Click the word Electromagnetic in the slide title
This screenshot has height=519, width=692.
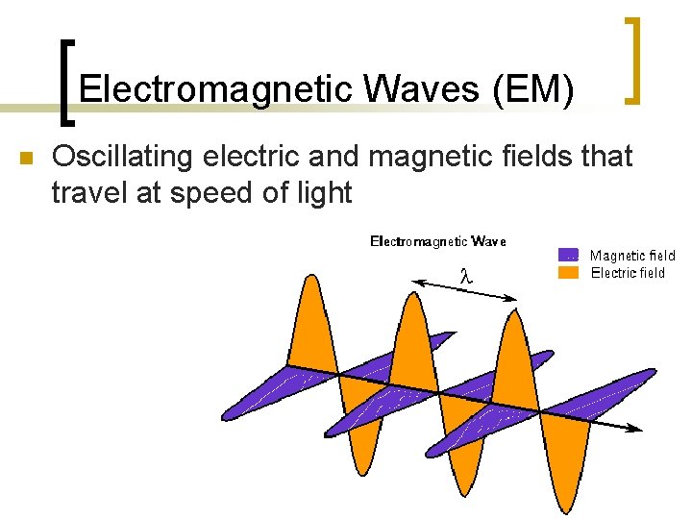click(217, 89)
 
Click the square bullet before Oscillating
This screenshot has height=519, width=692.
click(26, 159)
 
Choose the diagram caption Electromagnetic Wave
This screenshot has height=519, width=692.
click(438, 241)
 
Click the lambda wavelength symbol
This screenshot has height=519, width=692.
click(464, 275)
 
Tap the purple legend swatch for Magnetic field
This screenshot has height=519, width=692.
click(568, 256)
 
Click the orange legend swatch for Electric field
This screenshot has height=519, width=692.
click(568, 272)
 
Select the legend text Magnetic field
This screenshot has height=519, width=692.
click(632, 256)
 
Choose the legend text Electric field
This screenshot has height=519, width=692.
click(628, 273)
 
